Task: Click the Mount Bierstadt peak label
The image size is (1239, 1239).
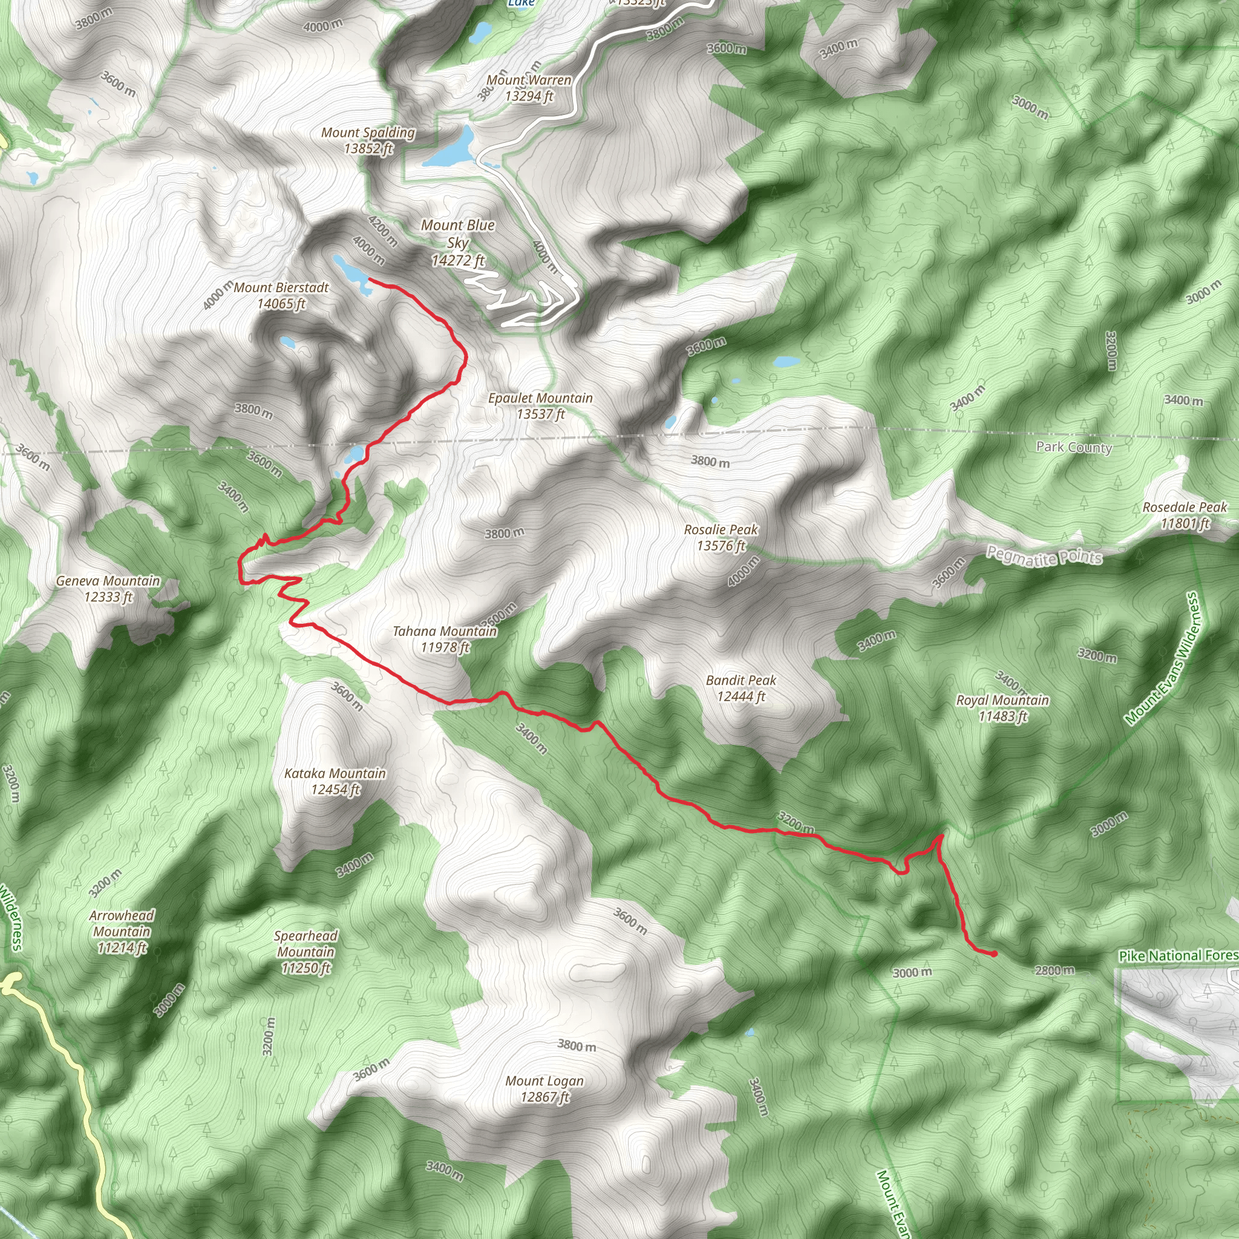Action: (281, 296)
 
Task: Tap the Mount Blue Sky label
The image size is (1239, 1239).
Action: (457, 243)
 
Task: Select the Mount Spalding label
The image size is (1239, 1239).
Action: (368, 140)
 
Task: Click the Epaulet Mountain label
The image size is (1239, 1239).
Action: (540, 406)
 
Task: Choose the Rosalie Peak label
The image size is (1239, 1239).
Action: (721, 537)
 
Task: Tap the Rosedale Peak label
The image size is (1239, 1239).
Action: (1185, 515)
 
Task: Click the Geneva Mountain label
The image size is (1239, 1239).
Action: (108, 589)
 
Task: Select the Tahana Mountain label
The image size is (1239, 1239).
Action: (445, 639)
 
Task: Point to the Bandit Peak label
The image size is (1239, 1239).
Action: (740, 688)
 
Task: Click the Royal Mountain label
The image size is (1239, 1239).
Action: (1002, 708)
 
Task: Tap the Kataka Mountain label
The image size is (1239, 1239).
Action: (335, 781)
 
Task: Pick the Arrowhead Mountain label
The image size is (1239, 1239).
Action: (121, 931)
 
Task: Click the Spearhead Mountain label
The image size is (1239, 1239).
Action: (306, 952)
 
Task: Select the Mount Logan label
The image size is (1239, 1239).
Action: (544, 1089)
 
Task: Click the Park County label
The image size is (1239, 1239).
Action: (1074, 447)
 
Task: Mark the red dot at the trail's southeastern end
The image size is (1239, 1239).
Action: (993, 954)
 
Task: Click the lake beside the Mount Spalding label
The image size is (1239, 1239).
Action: (453, 148)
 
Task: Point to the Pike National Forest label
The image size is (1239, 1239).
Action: (1178, 955)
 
